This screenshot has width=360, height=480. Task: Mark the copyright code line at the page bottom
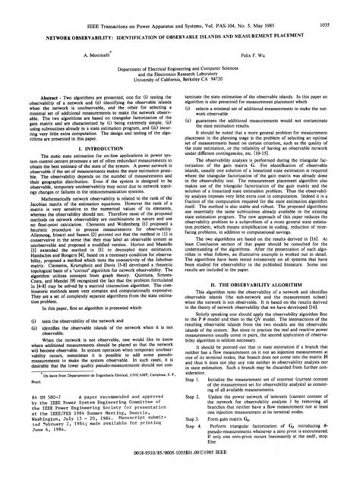click(x=180, y=460)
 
